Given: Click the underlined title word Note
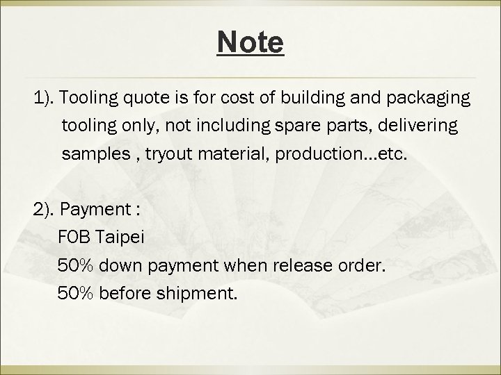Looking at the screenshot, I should [x=250, y=42].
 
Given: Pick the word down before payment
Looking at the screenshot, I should [x=127, y=266].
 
